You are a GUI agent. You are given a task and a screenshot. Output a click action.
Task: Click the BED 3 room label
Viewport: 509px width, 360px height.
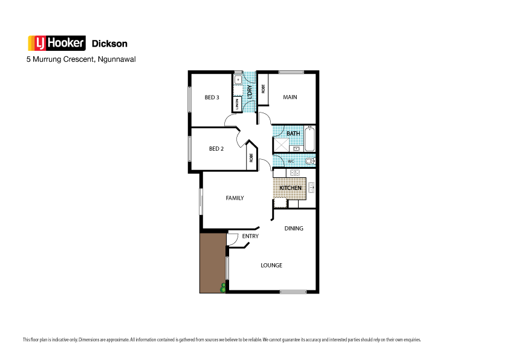pos(212,98)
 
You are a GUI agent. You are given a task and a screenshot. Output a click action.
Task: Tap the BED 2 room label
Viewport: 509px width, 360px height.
pos(216,149)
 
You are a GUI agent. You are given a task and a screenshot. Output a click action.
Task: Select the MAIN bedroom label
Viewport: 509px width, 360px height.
pos(290,97)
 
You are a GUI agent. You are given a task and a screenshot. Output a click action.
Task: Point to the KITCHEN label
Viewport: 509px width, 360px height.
pos(290,188)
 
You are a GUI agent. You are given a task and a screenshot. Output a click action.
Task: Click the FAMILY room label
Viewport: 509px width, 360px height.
pos(235,198)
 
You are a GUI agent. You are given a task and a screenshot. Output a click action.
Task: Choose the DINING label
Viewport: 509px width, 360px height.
pos(294,229)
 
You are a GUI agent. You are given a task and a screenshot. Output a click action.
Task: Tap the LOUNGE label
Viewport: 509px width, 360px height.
pos(271,266)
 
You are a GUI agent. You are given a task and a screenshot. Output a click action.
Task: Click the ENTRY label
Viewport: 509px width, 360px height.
pos(250,237)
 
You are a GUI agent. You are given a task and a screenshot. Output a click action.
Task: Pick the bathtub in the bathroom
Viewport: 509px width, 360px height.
pos(310,139)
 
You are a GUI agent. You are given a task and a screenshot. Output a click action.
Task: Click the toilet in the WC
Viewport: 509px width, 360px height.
pos(310,162)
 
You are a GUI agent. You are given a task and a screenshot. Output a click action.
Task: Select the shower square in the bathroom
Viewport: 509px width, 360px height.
pos(281,145)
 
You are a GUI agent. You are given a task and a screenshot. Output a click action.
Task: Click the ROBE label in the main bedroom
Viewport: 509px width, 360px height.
pos(263,88)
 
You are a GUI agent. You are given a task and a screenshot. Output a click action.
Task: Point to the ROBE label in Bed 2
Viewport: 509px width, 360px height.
pos(251,159)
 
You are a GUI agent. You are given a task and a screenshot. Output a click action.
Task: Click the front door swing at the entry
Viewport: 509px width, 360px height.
pos(232,240)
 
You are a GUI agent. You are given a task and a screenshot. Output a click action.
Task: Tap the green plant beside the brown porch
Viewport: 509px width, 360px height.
pos(223,288)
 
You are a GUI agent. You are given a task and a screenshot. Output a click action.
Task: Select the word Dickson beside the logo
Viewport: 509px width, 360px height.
pos(109,44)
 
